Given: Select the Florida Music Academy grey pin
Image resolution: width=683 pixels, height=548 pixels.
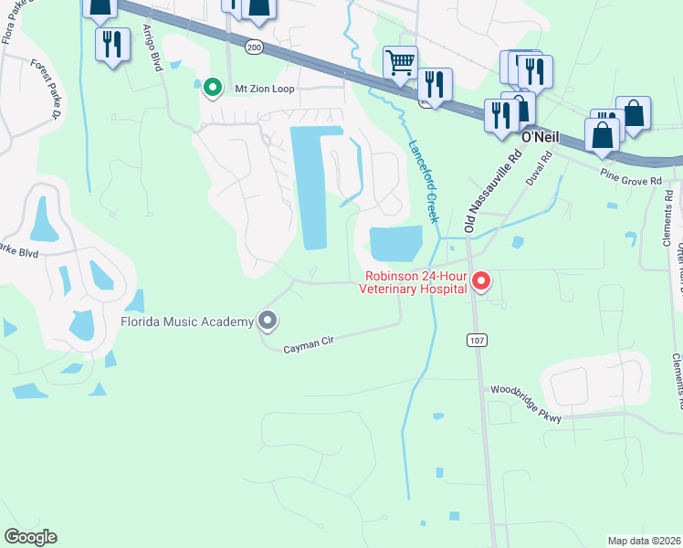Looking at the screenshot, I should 268,321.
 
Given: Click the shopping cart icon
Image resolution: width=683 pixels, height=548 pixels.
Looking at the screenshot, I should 400,63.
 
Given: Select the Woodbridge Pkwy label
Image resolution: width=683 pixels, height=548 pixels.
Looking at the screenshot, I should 524,391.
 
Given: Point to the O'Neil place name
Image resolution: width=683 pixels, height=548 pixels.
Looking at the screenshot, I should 538,136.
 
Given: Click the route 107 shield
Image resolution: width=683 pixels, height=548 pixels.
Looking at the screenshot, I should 480,341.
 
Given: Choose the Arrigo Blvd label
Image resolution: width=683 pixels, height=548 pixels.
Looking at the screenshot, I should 151,48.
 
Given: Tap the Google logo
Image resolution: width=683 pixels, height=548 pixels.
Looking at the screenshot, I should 31,537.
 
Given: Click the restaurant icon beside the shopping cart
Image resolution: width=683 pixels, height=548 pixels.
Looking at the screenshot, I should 435,85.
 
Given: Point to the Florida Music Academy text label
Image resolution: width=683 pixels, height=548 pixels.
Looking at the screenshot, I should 187,321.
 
